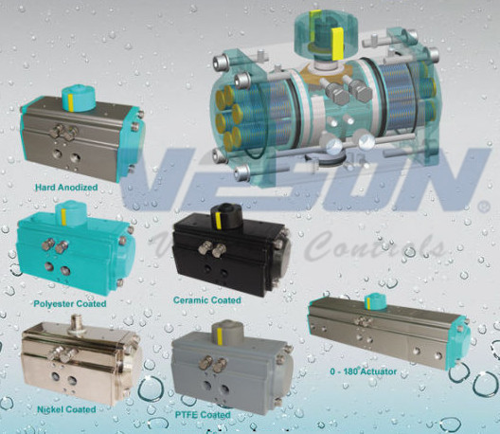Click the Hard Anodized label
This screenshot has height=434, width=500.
[x=66, y=188]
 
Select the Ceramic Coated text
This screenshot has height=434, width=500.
[x=206, y=300]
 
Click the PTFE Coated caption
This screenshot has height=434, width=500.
[x=202, y=415]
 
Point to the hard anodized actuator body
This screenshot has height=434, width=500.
[x=80, y=137]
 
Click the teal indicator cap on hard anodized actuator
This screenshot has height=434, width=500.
[x=75, y=96]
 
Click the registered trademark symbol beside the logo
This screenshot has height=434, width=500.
[x=481, y=206]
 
